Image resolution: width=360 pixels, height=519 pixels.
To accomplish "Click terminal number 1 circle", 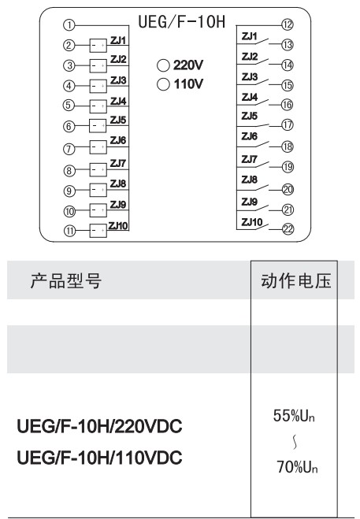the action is (69, 25).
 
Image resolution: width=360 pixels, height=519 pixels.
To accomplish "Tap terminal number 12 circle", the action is (288, 24).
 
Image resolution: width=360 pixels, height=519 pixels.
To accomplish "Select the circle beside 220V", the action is (163, 65).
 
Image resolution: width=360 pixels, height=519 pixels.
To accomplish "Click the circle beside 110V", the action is (163, 84).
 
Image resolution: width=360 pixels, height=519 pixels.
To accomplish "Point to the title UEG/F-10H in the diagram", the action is (182, 22).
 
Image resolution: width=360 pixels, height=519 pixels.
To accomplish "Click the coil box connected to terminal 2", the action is (98, 46).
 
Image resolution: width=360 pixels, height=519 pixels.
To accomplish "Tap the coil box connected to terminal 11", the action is (98, 231).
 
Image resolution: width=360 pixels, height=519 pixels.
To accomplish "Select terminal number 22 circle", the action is (288, 229).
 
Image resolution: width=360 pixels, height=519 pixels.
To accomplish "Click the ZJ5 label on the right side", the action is (250, 117).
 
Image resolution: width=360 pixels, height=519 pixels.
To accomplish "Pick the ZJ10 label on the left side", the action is (118, 226).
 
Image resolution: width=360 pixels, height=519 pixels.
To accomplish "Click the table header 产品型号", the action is (66, 281).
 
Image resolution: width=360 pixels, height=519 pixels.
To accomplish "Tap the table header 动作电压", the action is (295, 281).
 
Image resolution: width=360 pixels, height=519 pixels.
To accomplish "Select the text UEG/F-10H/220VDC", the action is (99, 426).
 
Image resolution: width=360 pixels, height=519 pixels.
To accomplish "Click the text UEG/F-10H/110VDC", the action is (99, 458).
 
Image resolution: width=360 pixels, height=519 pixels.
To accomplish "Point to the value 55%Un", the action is (294, 416).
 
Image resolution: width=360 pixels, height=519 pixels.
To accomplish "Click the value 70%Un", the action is (297, 467).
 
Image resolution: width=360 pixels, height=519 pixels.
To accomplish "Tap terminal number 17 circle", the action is (288, 124).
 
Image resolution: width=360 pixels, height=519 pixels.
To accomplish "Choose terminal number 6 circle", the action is (69, 126).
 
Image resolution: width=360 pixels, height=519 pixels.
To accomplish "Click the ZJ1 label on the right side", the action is (250, 36).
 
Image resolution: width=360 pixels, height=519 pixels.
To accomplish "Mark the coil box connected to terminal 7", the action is (98, 147).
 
